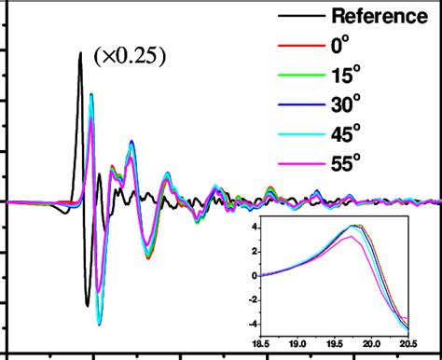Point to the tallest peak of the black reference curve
click(x=81, y=53)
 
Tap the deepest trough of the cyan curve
click(x=99, y=323)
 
